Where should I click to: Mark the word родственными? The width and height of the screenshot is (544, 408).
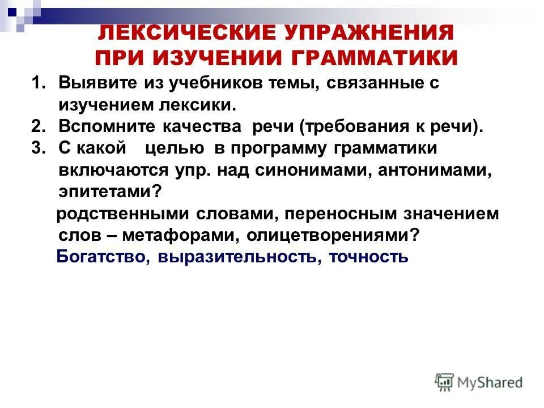[122, 214]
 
